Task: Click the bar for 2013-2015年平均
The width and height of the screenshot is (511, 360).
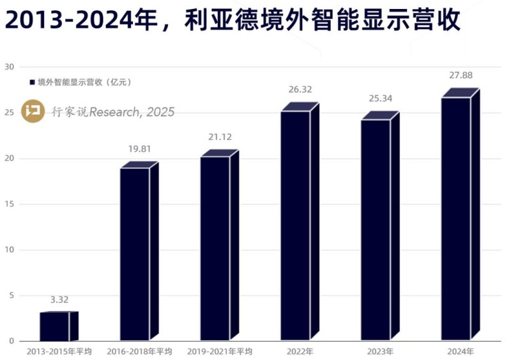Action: [x=54, y=326]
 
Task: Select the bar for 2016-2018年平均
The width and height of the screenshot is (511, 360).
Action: [x=135, y=254]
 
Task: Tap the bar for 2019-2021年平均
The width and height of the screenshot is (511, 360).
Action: [x=215, y=248]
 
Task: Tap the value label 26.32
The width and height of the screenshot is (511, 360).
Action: [x=300, y=90]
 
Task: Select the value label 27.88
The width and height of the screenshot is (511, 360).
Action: [x=461, y=75]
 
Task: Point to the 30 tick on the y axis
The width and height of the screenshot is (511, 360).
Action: [x=9, y=67]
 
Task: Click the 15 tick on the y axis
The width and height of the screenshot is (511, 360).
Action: [x=9, y=204]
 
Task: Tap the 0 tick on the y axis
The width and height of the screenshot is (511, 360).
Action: [x=11, y=341]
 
